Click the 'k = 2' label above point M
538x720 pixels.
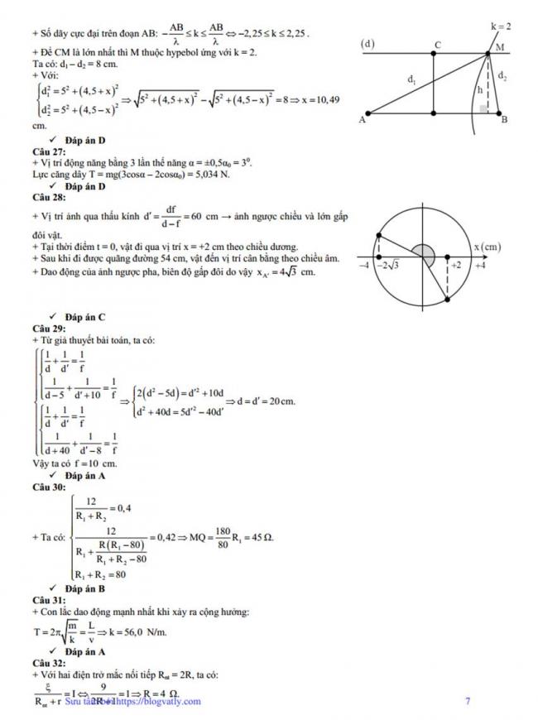tap(501, 26)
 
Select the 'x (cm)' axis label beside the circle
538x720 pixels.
tap(490, 245)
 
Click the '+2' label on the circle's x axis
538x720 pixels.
tap(455, 265)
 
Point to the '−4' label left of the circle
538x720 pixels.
tap(363, 265)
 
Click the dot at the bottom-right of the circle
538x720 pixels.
tap(447, 299)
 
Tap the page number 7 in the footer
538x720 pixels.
tap(468, 702)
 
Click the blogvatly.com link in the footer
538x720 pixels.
tap(159, 702)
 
